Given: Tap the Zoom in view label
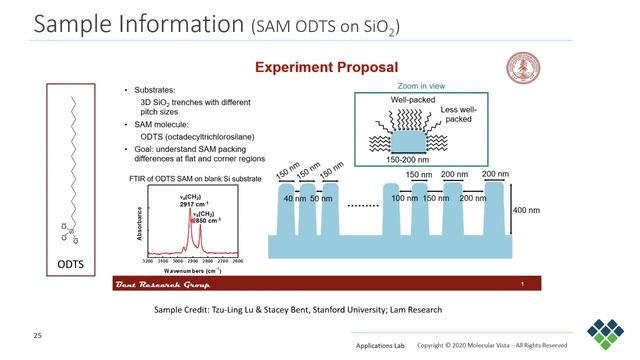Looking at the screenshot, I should [422, 87].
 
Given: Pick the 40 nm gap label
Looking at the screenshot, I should [294, 200].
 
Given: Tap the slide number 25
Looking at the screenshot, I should [39, 331].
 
